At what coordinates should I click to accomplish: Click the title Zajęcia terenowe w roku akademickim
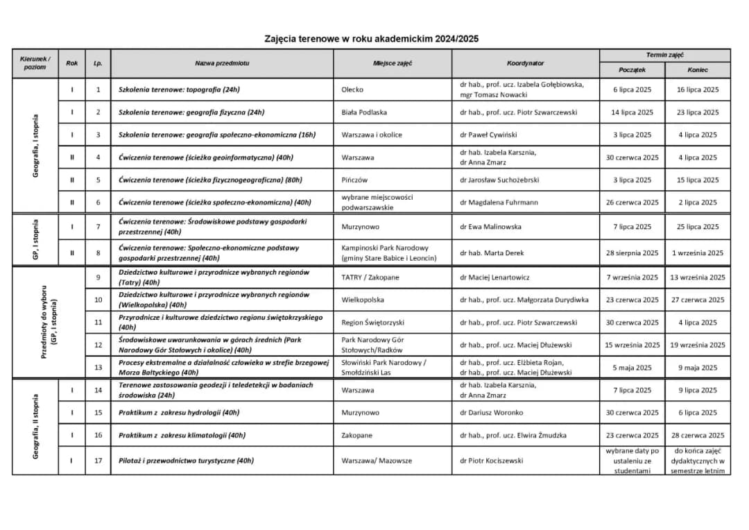coord(371,39)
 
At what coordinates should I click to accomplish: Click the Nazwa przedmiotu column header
coord(222,63)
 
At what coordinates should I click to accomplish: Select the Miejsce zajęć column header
coord(393,63)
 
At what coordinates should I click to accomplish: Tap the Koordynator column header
coord(525,63)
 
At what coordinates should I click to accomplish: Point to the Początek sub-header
coord(632,70)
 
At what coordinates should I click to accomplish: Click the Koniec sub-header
coord(698,70)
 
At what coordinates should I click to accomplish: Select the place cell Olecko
coord(352,89)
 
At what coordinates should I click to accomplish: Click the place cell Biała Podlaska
coord(364,112)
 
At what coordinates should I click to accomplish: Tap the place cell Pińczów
coord(354,180)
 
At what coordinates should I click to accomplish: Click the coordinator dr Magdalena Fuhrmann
coord(499,203)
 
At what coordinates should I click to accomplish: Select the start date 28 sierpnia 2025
coord(632,253)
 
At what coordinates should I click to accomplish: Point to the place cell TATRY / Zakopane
coord(370,277)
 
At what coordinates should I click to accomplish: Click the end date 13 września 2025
coord(698,277)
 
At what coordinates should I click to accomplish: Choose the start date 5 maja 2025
coord(632,368)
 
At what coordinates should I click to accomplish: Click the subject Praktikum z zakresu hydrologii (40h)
coord(179,413)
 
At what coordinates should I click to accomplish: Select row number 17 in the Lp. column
coord(98,461)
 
